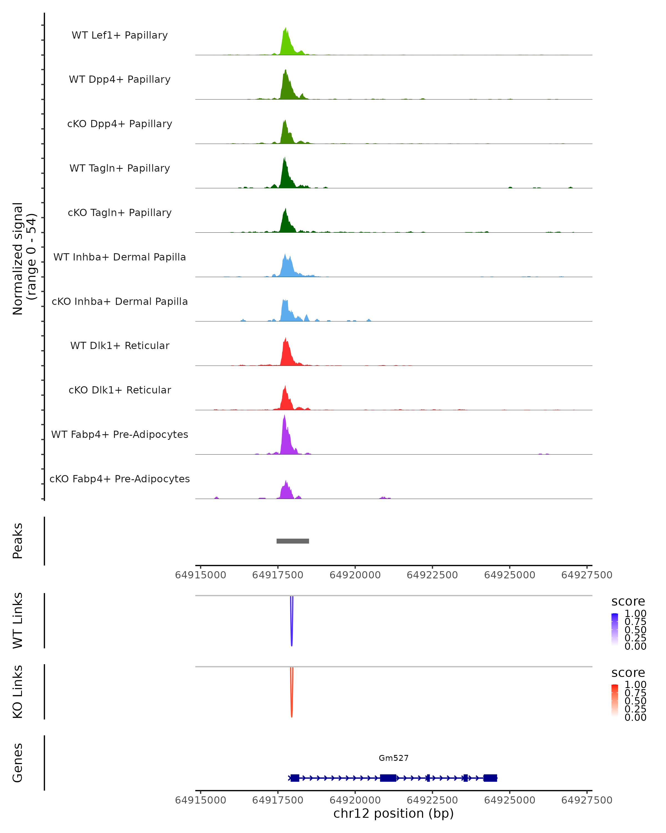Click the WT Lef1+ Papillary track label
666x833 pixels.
coord(120,35)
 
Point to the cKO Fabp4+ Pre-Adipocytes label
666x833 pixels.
coord(120,479)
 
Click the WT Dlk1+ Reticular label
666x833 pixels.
coord(120,345)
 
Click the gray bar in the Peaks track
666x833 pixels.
coord(293,541)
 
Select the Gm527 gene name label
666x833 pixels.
coord(393,758)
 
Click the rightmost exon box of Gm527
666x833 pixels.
coord(490,778)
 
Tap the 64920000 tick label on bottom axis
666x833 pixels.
coord(355,800)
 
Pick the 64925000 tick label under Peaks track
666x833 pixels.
coord(510,575)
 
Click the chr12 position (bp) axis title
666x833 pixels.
coord(393,813)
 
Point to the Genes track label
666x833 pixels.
coord(18,763)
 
